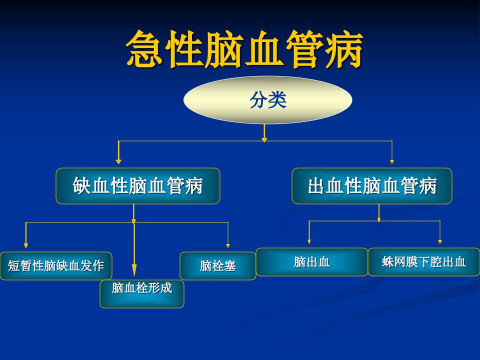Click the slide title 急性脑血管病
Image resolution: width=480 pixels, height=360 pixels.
(x=244, y=49)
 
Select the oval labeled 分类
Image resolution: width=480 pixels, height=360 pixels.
(x=268, y=100)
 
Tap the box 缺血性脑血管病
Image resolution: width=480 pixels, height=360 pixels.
(x=138, y=186)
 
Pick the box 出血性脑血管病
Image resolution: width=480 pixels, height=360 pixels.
(x=372, y=186)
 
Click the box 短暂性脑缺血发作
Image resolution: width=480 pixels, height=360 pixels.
(x=56, y=265)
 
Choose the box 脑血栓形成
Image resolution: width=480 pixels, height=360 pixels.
(x=141, y=294)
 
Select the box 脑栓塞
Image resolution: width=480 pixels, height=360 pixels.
(x=217, y=265)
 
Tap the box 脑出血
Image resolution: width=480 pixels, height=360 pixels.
(x=311, y=262)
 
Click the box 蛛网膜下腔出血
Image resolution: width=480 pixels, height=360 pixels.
(x=424, y=262)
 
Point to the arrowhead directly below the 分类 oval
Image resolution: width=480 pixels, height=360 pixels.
(x=264, y=140)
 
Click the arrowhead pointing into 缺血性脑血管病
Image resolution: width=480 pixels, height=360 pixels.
(x=119, y=161)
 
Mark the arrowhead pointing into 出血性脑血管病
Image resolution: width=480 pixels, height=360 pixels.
(x=392, y=161)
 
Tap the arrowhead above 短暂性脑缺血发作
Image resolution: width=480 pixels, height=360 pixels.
(x=25, y=245)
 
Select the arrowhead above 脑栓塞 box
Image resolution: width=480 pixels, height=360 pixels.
(x=228, y=245)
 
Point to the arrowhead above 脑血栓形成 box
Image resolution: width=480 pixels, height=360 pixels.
(x=134, y=270)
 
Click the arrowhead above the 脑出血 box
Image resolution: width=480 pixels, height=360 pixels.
(x=309, y=241)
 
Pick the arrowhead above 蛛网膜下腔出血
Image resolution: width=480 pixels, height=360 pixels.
(x=440, y=241)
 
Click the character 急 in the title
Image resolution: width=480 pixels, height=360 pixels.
(x=144, y=49)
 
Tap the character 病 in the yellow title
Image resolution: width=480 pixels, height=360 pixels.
(x=344, y=49)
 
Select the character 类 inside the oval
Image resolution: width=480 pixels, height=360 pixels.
(x=277, y=100)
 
